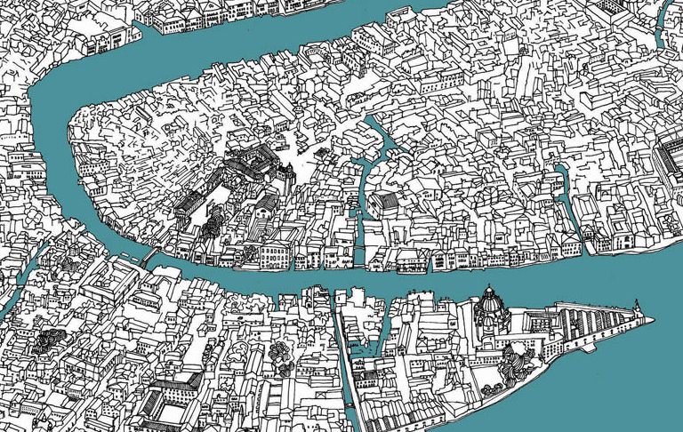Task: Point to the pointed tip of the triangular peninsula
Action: [651, 320]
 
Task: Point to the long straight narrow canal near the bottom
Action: [347, 356]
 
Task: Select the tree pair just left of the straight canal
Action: [283, 356]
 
